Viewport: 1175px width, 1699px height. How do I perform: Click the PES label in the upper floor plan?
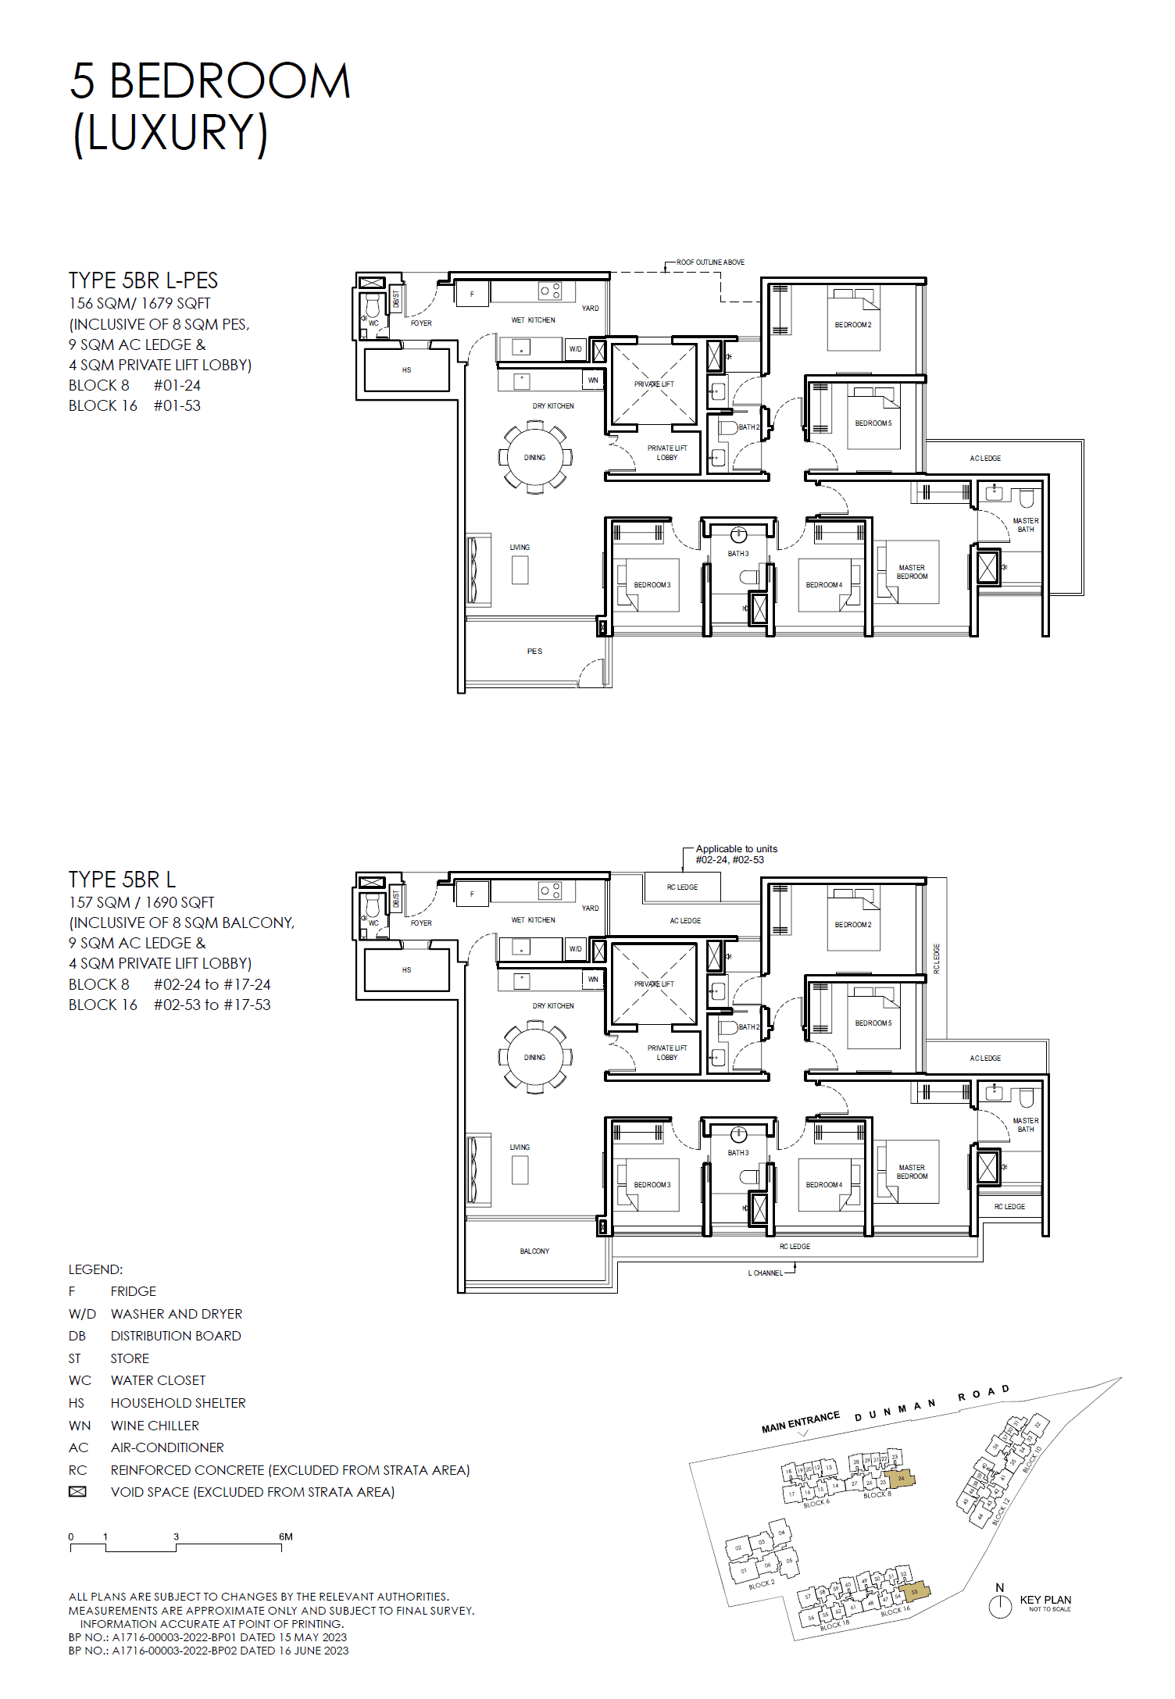534,651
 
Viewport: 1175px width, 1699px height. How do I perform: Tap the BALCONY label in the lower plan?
534,1251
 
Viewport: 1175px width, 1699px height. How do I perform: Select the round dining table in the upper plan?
535,458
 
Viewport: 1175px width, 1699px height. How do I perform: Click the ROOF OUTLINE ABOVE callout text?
710,262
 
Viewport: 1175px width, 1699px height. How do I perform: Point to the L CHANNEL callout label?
765,1272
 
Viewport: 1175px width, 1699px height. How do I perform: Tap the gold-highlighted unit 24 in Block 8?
901,1478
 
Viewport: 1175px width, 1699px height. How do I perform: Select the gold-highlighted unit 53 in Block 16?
914,1591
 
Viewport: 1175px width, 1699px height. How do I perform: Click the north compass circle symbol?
1000,1606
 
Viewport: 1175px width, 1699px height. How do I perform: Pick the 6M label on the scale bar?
286,1537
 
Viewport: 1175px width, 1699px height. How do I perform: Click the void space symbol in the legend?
77,1492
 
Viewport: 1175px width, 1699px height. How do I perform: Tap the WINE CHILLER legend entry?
155,1426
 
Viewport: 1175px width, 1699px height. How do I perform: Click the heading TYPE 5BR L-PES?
143,280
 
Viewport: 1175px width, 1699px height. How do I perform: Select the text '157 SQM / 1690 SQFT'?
141,902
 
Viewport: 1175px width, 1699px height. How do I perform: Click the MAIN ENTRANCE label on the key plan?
800,1422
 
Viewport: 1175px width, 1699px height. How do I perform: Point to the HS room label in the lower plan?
406,969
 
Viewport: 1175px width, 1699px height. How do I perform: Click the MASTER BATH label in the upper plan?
1025,525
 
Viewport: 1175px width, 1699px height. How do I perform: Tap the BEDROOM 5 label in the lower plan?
873,1023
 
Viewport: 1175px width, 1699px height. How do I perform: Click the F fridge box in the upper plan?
472,294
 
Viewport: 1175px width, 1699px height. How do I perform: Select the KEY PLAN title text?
1045,1600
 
